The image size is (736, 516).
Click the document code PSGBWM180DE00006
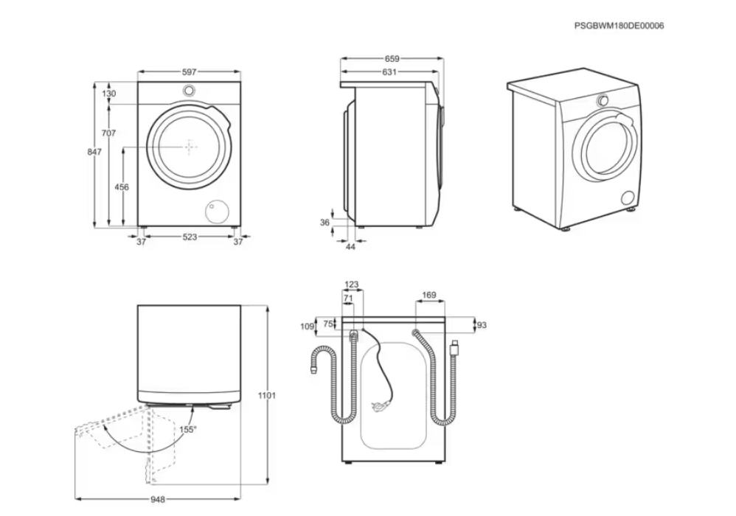(619, 25)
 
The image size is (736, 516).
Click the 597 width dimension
(190, 72)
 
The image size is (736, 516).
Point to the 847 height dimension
(94, 152)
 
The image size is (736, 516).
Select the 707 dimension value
(108, 133)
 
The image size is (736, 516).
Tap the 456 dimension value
(122, 187)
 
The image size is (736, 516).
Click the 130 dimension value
(109, 94)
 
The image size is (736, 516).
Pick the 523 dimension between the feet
(190, 237)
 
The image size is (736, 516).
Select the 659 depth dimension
(392, 59)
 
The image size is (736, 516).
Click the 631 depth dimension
(389, 72)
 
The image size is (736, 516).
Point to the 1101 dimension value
(267, 396)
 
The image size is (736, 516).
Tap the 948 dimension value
(157, 499)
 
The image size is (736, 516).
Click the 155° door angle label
(188, 429)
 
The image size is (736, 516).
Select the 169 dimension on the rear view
(428, 295)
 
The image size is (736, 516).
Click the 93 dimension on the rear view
(482, 324)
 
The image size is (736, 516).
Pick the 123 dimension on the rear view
(352, 285)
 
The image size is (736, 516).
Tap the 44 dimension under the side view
(351, 247)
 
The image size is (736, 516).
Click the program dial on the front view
(189, 91)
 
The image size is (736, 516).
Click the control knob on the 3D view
(603, 100)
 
